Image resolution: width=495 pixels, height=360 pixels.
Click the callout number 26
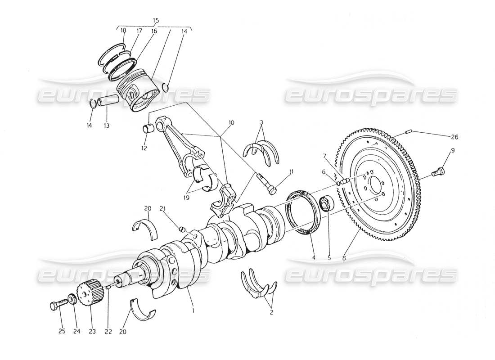pyautogui.click(x=454, y=136)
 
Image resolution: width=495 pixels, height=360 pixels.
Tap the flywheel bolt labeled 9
pyautogui.click(x=438, y=171)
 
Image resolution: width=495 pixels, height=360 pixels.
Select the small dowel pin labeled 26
pyautogui.click(x=409, y=132)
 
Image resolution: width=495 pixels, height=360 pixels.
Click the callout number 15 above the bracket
pyautogui.click(x=156, y=21)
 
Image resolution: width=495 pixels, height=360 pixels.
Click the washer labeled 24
pyautogui.click(x=72, y=299)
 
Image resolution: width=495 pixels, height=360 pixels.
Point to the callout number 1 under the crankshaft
pyautogui.click(x=193, y=310)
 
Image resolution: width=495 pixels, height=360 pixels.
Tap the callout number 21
pyautogui.click(x=163, y=208)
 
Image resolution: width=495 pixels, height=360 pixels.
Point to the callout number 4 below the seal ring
pyautogui.click(x=314, y=258)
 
